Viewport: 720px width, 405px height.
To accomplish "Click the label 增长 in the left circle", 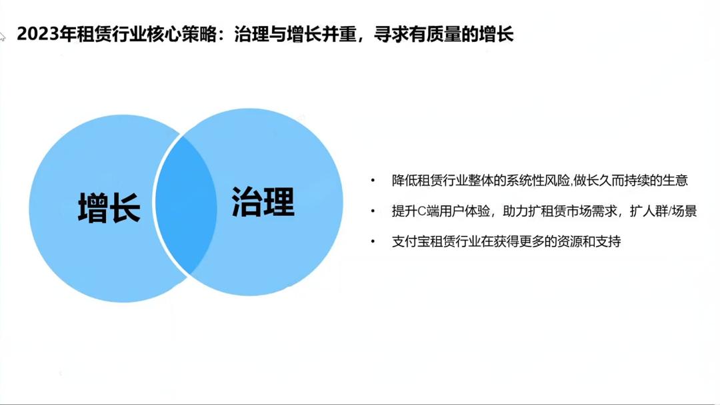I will click(x=109, y=207).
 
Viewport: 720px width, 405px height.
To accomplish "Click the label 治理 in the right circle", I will click(x=263, y=201).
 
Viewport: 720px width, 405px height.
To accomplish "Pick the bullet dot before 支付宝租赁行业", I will click(x=373, y=242).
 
